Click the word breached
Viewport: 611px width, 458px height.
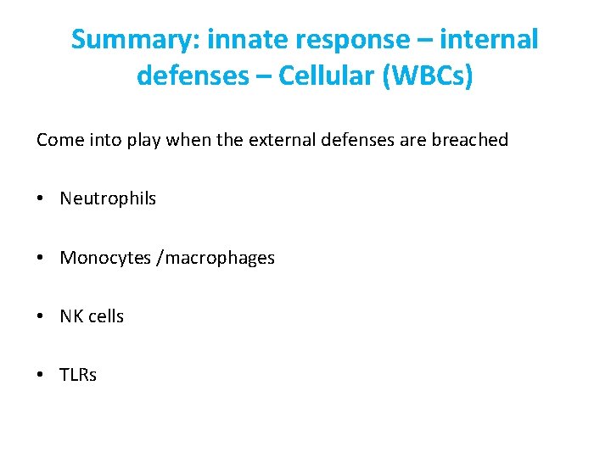tap(469, 140)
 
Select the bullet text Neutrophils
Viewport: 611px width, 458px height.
tap(108, 198)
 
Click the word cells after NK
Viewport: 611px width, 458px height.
tap(105, 316)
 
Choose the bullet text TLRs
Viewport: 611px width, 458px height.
tap(78, 375)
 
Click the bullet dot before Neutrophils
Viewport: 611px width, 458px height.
tap(41, 199)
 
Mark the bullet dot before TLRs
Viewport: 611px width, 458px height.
tap(41, 376)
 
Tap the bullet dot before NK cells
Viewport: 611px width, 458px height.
tap(41, 317)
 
